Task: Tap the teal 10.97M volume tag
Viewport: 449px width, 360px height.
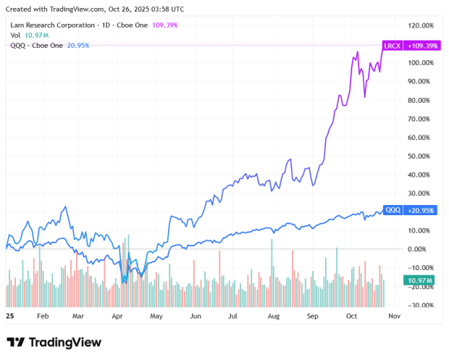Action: point(400,280)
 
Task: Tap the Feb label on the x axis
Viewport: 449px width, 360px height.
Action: point(42,317)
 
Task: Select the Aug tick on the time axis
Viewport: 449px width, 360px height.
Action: point(273,317)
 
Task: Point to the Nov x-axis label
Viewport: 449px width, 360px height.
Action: point(394,317)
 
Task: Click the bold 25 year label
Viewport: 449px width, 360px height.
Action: point(9,317)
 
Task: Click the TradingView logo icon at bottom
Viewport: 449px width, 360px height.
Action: point(16,342)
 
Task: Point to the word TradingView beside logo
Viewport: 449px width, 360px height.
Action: point(65,342)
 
